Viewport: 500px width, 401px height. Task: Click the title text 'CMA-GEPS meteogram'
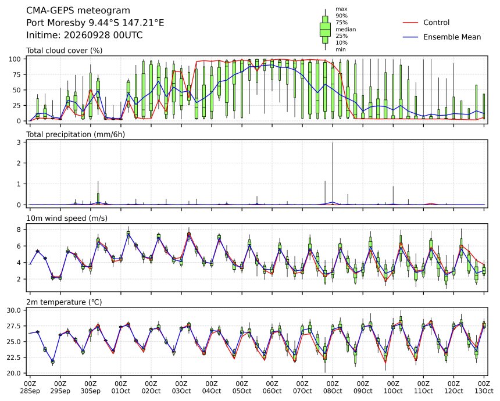tap(78, 10)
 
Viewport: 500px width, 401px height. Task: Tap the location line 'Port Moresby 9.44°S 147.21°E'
tap(95, 23)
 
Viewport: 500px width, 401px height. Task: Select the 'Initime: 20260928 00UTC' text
tap(84, 35)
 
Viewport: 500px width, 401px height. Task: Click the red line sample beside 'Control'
tap(410, 23)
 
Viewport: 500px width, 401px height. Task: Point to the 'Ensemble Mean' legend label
tap(452, 37)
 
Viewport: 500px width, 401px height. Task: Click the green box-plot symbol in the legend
tap(325, 29)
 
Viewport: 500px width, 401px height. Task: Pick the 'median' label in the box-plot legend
tap(346, 29)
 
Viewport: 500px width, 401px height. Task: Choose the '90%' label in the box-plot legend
tap(341, 16)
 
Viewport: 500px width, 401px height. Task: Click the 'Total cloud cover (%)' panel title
tap(65, 51)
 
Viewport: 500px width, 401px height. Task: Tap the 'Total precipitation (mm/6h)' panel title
tap(76, 134)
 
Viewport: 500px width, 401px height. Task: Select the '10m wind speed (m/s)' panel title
tap(67, 219)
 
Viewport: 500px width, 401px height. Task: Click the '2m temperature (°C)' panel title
tap(64, 302)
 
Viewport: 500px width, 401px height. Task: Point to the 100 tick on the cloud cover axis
tap(15, 59)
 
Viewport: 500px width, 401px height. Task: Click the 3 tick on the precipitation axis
tap(19, 142)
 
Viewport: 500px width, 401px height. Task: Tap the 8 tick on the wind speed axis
tap(19, 230)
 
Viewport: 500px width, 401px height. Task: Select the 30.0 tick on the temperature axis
tap(14, 310)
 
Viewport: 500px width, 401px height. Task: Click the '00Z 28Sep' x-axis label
tap(30, 387)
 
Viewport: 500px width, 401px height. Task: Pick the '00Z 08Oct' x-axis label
tap(333, 387)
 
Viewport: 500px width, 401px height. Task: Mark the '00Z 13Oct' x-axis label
tap(484, 387)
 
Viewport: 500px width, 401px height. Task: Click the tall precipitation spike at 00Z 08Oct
tap(333, 173)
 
